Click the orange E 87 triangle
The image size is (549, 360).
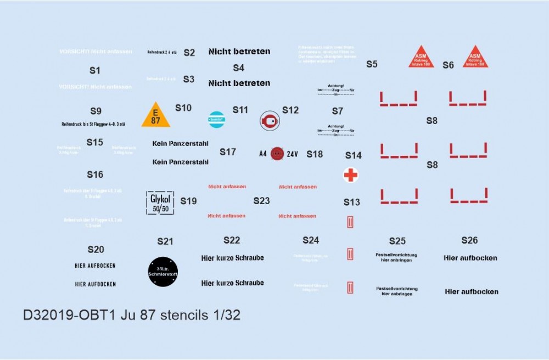(x=155, y=115)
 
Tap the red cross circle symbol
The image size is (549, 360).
(x=350, y=175)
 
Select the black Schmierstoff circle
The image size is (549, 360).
(x=163, y=271)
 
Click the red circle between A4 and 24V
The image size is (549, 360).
(x=277, y=154)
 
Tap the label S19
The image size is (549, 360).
(x=188, y=201)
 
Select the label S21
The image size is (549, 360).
(x=165, y=241)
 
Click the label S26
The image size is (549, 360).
(x=469, y=240)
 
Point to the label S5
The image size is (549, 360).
(x=372, y=64)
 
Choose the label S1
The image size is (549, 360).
(x=95, y=71)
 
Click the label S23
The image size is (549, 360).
(x=261, y=201)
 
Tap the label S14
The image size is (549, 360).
(x=353, y=155)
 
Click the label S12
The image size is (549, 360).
(x=290, y=110)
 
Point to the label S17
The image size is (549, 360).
(x=228, y=151)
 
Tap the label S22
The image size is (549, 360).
(x=232, y=240)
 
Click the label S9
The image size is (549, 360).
(x=96, y=111)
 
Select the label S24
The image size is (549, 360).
(x=310, y=240)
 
